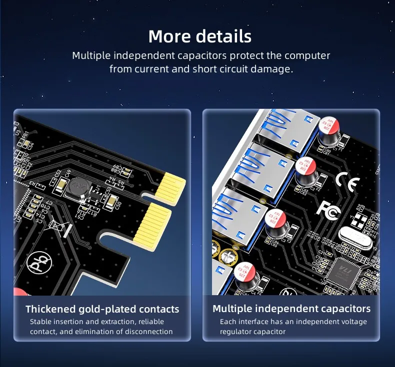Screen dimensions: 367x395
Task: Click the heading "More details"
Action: pyautogui.click(x=199, y=36)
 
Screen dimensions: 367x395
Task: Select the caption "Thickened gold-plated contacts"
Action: pyautogui.click(x=102, y=309)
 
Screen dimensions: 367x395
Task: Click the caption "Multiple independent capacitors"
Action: pyautogui.click(x=291, y=309)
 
